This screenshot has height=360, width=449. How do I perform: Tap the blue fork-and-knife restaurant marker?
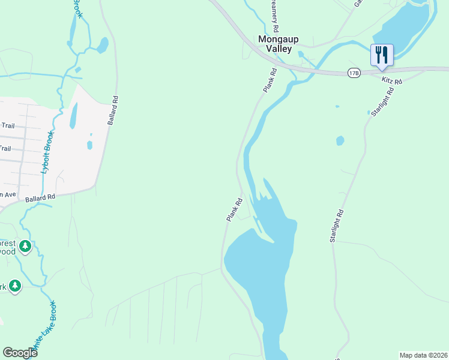click(382, 55)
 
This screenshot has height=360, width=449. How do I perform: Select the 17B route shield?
click(354, 73)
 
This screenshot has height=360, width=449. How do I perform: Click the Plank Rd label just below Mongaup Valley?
click(270, 80)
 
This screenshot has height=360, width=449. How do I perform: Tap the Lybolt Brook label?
click(47, 153)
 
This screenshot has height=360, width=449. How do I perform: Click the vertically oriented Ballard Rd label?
click(112, 110)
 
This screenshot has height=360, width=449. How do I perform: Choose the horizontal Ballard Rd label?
click(40, 197)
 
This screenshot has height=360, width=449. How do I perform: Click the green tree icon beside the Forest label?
click(25, 246)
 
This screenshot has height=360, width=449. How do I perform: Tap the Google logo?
click(20, 353)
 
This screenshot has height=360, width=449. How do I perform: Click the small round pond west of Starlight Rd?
click(340, 140)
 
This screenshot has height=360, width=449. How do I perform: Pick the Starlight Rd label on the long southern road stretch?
click(336, 226)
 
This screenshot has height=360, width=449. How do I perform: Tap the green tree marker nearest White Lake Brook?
click(15, 286)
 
